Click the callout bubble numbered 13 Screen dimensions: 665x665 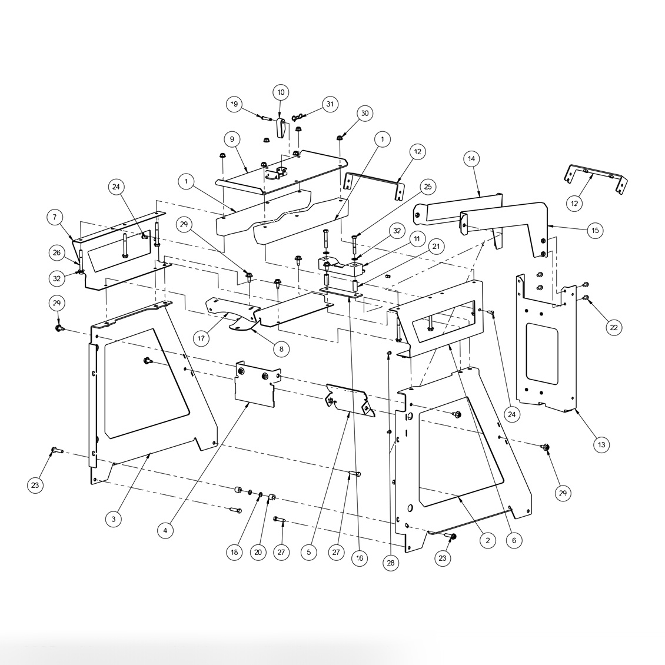[x=601, y=445]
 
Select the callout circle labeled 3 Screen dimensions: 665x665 [x=114, y=519]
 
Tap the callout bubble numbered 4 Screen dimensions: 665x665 [x=165, y=530]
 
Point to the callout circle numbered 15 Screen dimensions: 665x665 [x=595, y=230]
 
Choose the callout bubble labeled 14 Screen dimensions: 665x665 [x=471, y=159]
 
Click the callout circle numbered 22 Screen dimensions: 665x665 [x=614, y=327]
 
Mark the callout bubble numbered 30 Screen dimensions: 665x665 [x=365, y=113]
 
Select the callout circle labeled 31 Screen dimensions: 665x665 [x=330, y=104]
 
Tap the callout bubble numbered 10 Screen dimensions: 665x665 [x=281, y=92]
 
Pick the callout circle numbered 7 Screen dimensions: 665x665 [x=55, y=218]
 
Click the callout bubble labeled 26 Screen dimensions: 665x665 [x=57, y=253]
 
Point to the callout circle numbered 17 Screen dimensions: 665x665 [x=201, y=338]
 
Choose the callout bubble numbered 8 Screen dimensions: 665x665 [x=281, y=348]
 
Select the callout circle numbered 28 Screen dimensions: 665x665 [x=390, y=563]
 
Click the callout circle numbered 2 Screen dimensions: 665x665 [x=487, y=540]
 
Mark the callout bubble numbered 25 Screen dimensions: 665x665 [x=427, y=187]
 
